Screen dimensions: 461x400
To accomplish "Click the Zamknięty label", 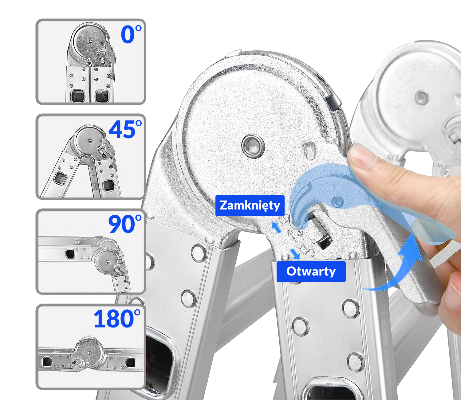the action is click(250, 206).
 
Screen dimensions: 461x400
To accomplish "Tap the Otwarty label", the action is click(311, 272).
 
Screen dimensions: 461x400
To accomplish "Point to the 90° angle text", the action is click(125, 224).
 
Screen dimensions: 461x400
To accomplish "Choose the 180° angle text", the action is click(117, 319).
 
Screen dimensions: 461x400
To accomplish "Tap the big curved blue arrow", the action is click(396, 266).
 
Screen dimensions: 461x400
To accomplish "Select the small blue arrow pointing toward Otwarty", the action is click(295, 254).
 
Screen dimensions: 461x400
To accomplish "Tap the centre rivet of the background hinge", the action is click(421, 98).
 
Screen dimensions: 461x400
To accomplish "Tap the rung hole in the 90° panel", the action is click(70, 253).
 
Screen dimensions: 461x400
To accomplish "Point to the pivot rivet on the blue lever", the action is click(337, 202).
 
